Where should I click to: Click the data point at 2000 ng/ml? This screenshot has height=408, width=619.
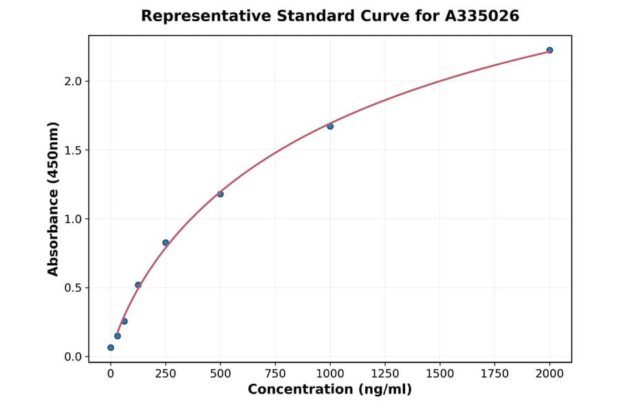[550, 50]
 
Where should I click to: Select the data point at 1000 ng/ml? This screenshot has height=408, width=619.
[330, 126]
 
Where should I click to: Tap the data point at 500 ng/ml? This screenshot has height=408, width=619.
[220, 194]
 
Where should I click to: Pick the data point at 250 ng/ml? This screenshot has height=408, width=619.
[166, 242]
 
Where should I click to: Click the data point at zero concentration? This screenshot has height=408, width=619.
[111, 348]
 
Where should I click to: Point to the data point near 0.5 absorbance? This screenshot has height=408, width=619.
[138, 285]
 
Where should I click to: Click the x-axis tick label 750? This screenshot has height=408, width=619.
[275, 374]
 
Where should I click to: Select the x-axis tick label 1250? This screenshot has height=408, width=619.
[385, 374]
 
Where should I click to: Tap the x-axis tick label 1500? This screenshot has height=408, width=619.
[440, 374]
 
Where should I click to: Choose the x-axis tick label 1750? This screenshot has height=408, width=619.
[495, 374]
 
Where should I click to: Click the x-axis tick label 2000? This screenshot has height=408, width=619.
[550, 374]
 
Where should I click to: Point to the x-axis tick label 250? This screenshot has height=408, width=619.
[166, 374]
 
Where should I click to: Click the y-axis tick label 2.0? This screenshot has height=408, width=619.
[73, 81]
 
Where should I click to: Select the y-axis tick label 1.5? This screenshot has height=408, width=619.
[73, 150]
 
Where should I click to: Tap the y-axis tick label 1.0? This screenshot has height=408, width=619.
[73, 219]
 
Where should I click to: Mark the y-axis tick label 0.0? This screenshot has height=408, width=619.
[73, 357]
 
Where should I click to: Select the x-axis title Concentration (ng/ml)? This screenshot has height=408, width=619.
[330, 390]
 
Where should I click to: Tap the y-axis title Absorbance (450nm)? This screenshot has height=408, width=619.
[54, 199]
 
